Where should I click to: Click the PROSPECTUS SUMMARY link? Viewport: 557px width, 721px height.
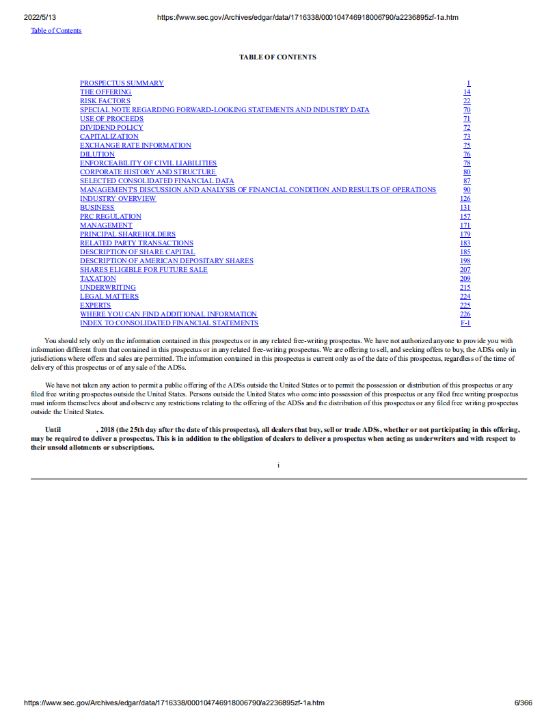(x=122, y=83)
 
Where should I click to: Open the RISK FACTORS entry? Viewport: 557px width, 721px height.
(x=105, y=101)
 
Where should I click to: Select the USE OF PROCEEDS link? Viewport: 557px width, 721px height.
(x=111, y=119)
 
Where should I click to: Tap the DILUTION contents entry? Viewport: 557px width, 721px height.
(x=97, y=154)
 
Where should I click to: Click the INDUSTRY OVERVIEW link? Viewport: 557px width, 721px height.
(x=118, y=199)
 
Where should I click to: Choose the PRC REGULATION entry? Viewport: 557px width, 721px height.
(x=111, y=217)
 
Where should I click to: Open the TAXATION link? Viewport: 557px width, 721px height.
(x=98, y=279)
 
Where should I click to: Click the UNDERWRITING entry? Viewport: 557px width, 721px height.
(x=108, y=288)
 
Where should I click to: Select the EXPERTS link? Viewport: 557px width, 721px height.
(x=95, y=305)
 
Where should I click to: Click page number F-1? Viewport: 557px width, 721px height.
(x=465, y=323)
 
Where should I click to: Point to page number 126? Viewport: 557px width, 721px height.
(x=465, y=199)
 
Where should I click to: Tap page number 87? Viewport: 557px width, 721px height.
(x=467, y=181)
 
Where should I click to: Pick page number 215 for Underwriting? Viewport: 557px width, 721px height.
(x=465, y=288)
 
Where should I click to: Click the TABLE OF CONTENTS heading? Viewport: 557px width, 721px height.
(x=277, y=57)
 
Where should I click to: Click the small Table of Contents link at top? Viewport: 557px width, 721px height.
(x=56, y=31)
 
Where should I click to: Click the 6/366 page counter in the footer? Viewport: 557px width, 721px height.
(x=523, y=703)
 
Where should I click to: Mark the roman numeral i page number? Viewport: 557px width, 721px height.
(x=278, y=465)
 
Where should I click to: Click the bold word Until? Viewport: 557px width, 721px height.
(x=53, y=430)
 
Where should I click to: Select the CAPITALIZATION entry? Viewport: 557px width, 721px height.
(x=109, y=137)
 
